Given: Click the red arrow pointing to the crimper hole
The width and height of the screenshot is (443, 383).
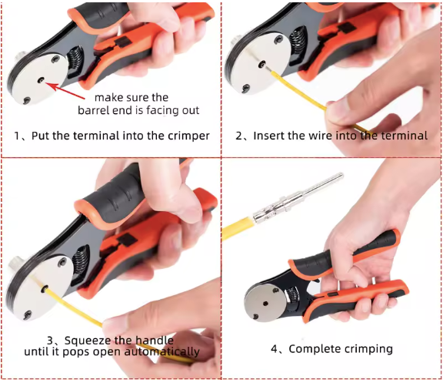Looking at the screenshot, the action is point(65,90).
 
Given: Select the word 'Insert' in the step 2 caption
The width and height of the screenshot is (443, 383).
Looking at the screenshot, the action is point(267,136).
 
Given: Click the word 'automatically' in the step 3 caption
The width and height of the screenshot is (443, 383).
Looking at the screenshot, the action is point(162,352).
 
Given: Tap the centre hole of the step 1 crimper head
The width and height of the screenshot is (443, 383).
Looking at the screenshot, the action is point(42,80).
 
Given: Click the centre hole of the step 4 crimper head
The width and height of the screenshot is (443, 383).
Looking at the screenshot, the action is point(265,304).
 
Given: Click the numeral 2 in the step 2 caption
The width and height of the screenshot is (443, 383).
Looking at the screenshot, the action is point(239,136).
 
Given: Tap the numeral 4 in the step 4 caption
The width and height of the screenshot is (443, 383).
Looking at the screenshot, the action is point(275,349).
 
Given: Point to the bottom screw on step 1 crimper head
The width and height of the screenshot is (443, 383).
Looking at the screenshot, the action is point(27,100).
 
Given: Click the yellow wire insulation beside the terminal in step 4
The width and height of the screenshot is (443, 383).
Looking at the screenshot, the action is point(237,228).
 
